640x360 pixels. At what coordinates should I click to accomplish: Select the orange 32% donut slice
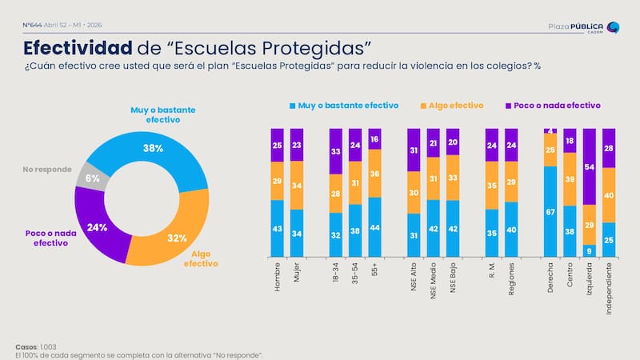pyautogui.click(x=178, y=238)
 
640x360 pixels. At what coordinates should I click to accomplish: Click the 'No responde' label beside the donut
pyautogui.click(x=47, y=169)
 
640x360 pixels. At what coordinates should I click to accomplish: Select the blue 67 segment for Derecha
pyautogui.click(x=550, y=211)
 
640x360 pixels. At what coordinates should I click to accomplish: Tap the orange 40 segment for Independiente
pyautogui.click(x=609, y=194)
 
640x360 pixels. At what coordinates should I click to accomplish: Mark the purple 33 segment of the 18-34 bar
pyautogui.click(x=335, y=150)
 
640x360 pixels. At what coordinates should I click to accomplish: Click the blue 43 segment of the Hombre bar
pyautogui.click(x=277, y=228)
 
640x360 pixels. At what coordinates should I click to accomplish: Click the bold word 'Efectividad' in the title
pyautogui.click(x=77, y=46)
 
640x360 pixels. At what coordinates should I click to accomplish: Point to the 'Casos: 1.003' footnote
pyautogui.click(x=36, y=346)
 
